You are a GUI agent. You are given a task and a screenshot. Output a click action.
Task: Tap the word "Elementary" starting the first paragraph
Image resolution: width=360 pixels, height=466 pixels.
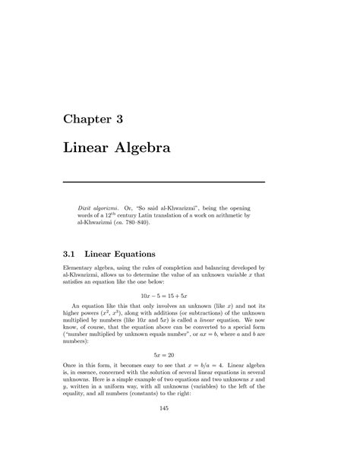click(x=79, y=270)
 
